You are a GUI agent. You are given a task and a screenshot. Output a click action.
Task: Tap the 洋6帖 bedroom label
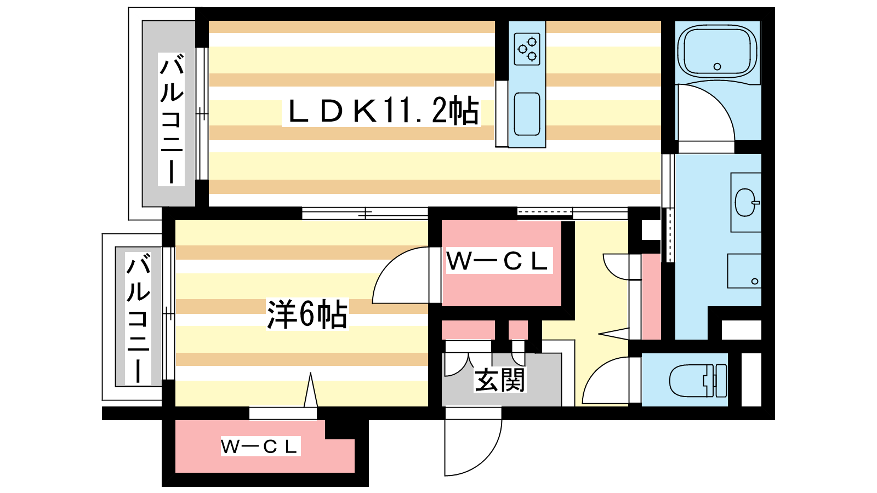pos(307,314)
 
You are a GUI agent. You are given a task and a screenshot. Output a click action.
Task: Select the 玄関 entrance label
pos(499,380)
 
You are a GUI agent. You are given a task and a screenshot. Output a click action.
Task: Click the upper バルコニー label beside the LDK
pos(172,119)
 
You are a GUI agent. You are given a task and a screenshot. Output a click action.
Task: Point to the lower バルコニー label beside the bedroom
pos(138,318)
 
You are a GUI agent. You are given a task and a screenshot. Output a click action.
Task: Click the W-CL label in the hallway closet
pos(497,261)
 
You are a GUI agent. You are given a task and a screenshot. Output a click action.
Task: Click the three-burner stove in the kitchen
pos(527,49)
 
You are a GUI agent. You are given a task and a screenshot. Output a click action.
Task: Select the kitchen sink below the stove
pos(527,114)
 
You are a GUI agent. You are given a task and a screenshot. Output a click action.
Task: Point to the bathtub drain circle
pos(717,66)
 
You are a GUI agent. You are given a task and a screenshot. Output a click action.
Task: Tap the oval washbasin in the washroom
pos(745,203)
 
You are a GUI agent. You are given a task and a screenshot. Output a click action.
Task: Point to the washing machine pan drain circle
pos(754,282)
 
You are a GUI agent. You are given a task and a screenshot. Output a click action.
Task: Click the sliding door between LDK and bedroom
pos(365,214)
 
